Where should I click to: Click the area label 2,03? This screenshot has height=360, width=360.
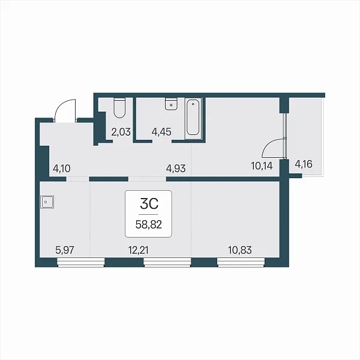121,132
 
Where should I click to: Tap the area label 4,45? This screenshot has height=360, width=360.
161,132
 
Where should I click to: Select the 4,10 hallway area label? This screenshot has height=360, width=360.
62,169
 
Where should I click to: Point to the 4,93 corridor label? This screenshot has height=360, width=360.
176,169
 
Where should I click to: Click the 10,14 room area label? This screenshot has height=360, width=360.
262,166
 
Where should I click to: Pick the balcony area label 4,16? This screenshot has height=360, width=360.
304,164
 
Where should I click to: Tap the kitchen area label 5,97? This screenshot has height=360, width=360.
65,250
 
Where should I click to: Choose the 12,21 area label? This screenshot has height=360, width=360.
139,250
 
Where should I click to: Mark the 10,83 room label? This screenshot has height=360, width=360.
240,250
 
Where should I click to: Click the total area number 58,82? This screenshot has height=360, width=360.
149,224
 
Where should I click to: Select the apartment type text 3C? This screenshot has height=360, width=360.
149,203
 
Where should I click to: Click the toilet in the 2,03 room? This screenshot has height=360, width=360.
119,108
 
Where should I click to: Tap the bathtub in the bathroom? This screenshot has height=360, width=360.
193,118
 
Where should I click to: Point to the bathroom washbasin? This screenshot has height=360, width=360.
171,104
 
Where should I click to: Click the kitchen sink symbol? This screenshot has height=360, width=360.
47,202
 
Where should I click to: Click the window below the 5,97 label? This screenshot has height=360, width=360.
80,262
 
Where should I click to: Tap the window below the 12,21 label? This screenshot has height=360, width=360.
167,262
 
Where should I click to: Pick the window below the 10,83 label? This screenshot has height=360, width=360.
241,262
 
